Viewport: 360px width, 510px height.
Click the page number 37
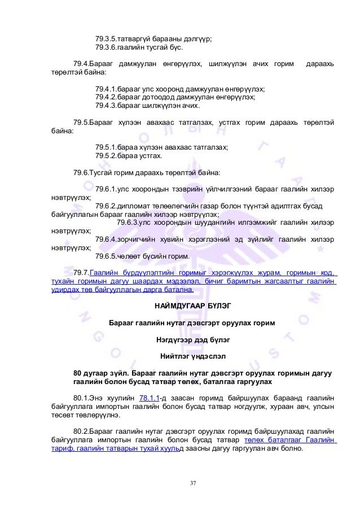(193, 483)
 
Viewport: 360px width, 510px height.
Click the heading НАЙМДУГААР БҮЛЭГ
(192, 306)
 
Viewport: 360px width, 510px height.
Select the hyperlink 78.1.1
(150, 397)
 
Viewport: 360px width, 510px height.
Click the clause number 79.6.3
(127, 223)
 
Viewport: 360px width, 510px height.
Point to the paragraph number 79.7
(81, 273)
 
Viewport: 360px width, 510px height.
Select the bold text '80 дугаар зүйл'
(98, 373)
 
